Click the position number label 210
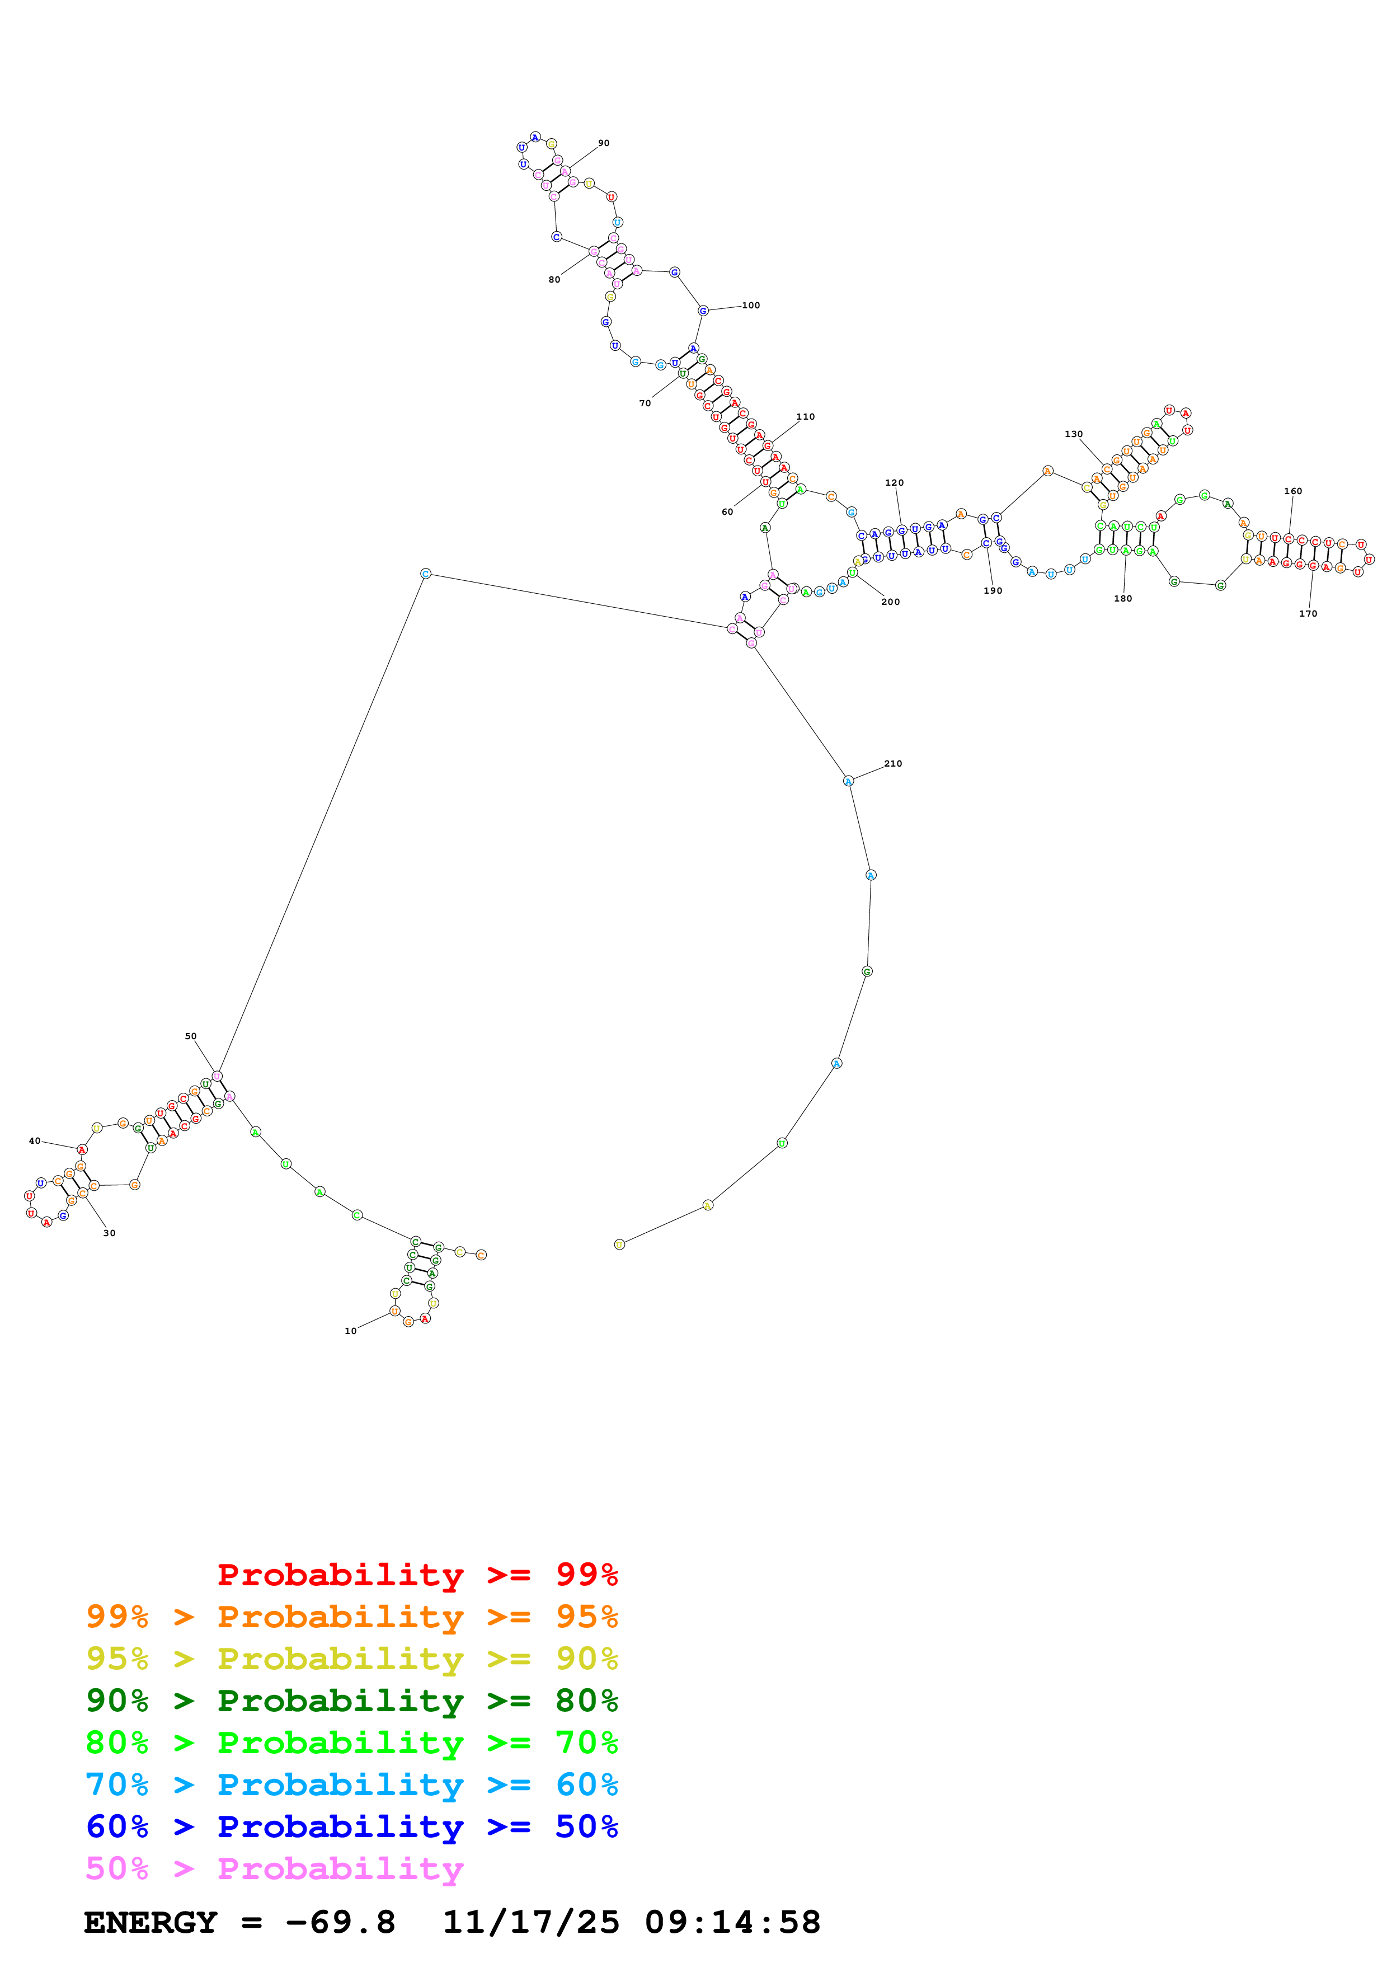(892, 763)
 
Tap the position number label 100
(750, 305)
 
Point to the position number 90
(603, 143)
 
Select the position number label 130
(1073, 434)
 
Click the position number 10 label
(350, 1331)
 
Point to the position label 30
(110, 1233)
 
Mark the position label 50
(191, 1036)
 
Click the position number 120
(894, 483)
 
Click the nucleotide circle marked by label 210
(848, 781)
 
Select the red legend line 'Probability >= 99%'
(417, 1575)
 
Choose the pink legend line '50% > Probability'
(274, 1868)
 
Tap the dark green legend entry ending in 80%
(351, 1701)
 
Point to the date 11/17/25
(531, 1923)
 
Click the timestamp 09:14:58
(732, 1923)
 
